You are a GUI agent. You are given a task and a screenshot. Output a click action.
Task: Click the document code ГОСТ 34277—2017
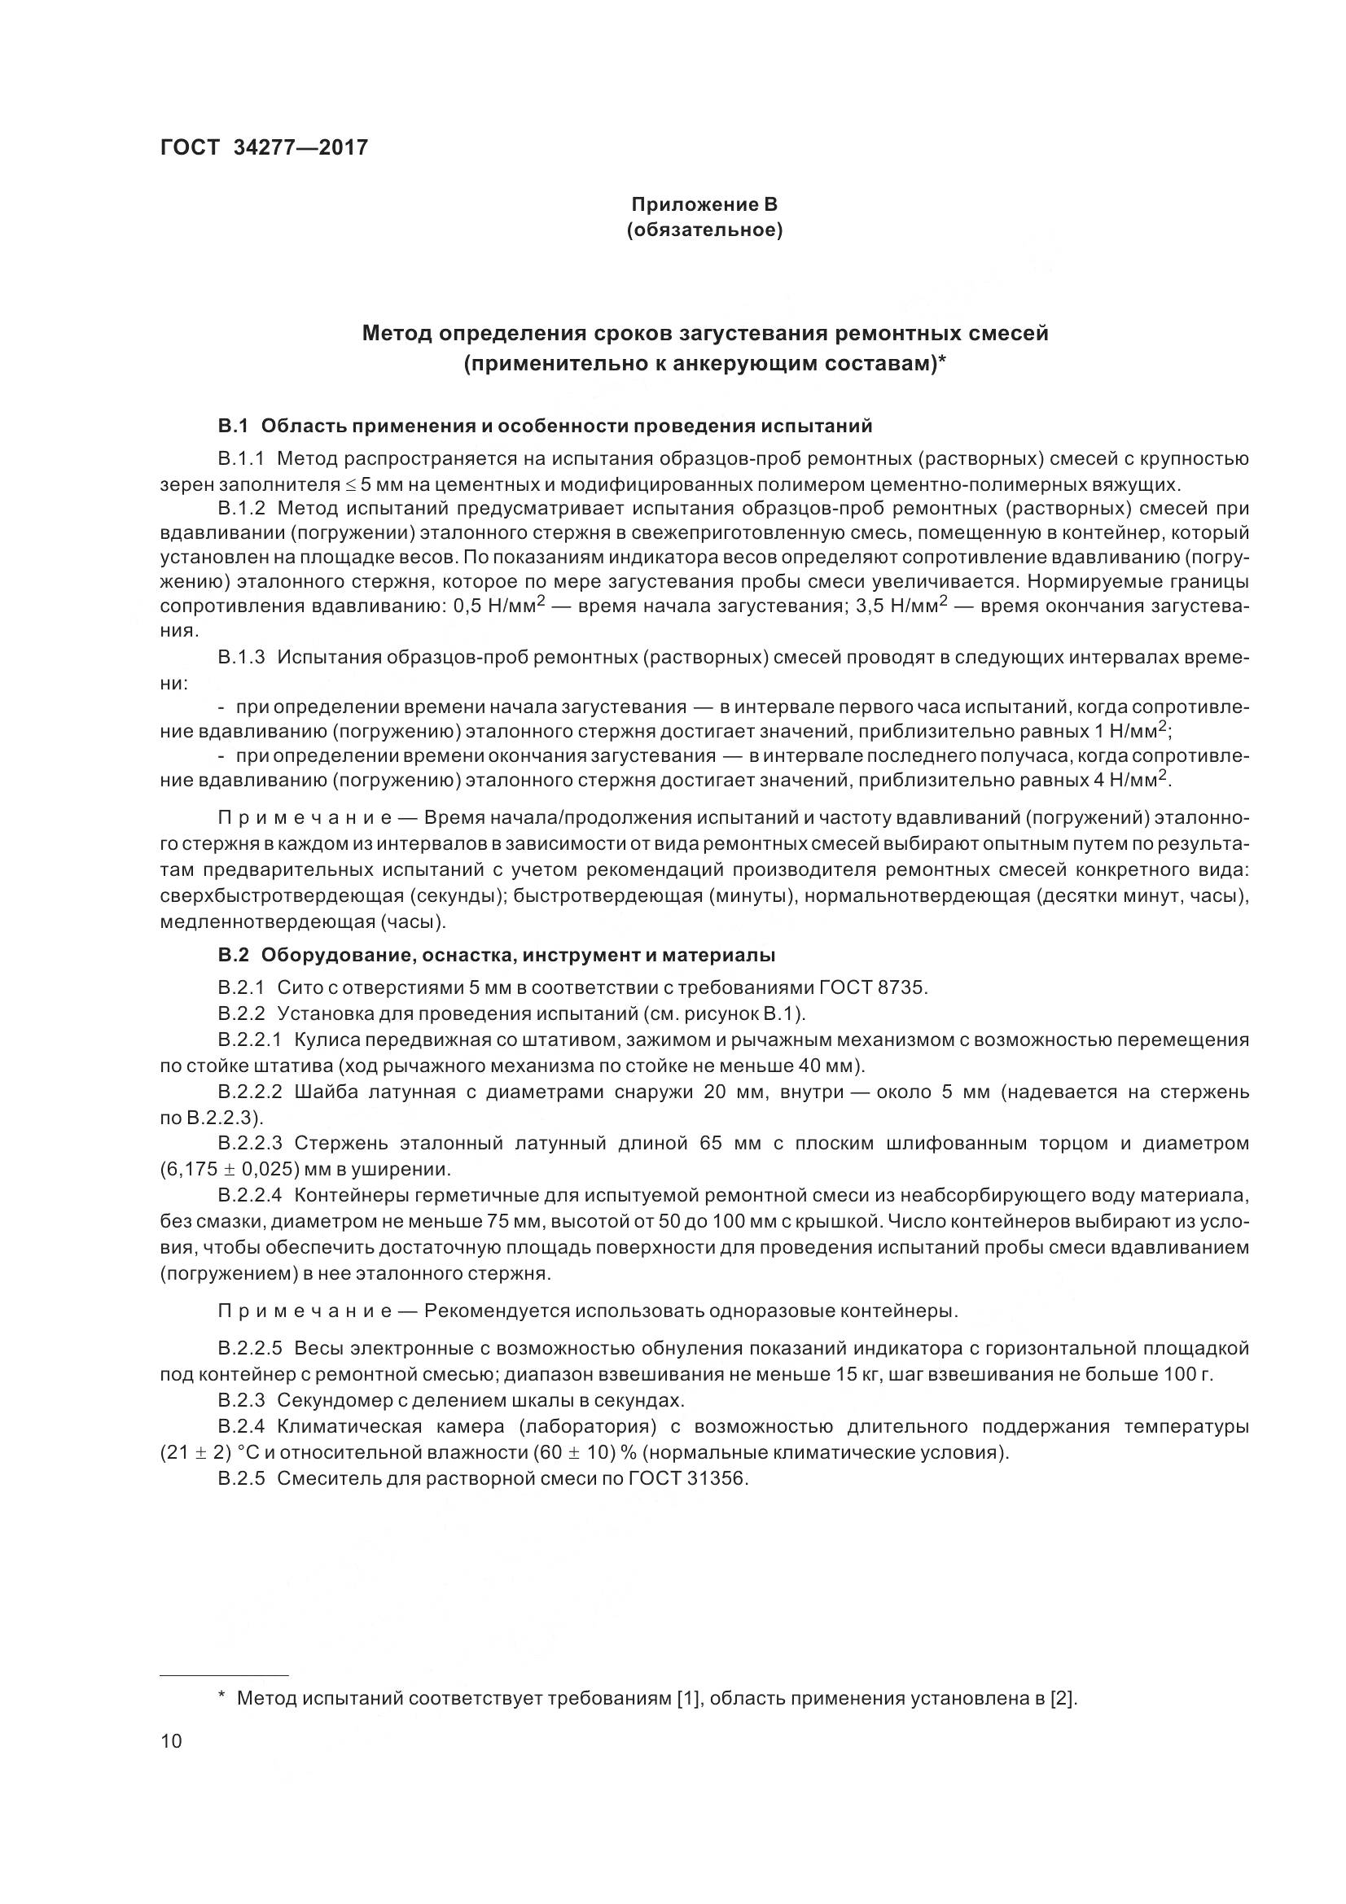click(264, 147)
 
